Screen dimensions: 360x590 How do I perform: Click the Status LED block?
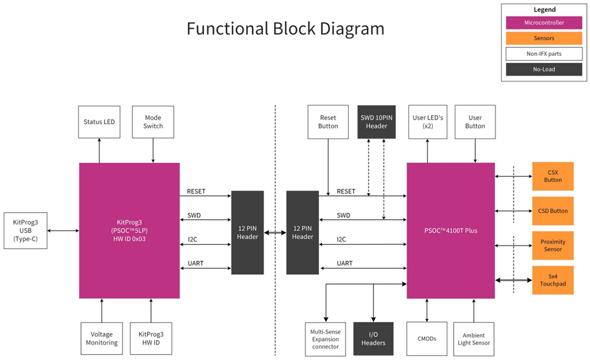pyautogui.click(x=99, y=122)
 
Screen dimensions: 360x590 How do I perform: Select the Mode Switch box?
pyautogui.click(x=153, y=122)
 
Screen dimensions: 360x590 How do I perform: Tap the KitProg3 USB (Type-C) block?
pyautogui.click(x=25, y=230)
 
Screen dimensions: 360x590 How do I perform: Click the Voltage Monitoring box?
pyautogui.click(x=102, y=339)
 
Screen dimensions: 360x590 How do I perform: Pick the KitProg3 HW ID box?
pyautogui.click(x=151, y=339)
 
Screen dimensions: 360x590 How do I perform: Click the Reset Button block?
pyautogui.click(x=328, y=122)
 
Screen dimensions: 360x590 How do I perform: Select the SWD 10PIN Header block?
pyautogui.click(x=377, y=122)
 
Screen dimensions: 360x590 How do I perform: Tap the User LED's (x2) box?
pyautogui.click(x=427, y=122)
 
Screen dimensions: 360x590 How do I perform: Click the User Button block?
pyautogui.click(x=475, y=122)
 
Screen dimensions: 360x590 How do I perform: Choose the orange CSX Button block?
pyautogui.click(x=553, y=176)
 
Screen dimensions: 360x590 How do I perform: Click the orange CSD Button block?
pyautogui.click(x=553, y=211)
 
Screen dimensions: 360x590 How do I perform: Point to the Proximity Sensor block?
pyautogui.click(x=553, y=245)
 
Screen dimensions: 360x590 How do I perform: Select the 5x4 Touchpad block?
pyautogui.click(x=553, y=280)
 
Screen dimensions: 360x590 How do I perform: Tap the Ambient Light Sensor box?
pyautogui.click(x=474, y=339)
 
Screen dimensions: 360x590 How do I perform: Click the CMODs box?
pyautogui.click(x=427, y=339)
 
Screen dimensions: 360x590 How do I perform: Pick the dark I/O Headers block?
pyautogui.click(x=373, y=339)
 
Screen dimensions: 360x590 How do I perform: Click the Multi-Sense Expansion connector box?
pyautogui.click(x=326, y=339)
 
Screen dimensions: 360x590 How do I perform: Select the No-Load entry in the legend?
pyautogui.click(x=544, y=69)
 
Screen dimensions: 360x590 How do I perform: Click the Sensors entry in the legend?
pyautogui.click(x=544, y=38)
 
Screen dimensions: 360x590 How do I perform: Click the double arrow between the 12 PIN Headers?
pyautogui.click(x=275, y=233)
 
